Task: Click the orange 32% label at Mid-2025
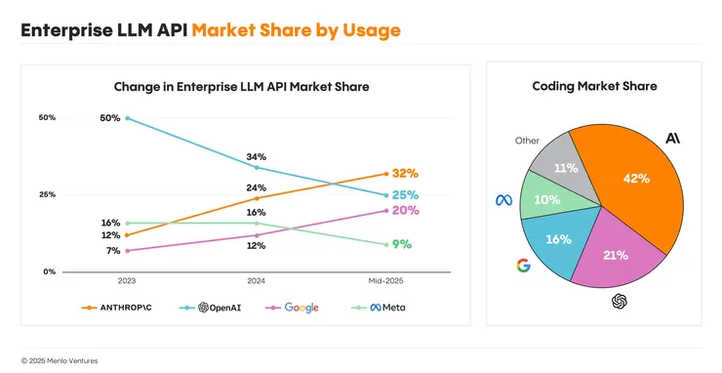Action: point(406,174)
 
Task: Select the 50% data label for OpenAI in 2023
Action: point(109,118)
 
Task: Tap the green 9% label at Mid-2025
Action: point(402,244)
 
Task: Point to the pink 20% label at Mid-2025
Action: point(406,210)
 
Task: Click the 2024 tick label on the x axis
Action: point(257,280)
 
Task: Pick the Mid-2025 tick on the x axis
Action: point(385,280)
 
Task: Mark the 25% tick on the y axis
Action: point(46,194)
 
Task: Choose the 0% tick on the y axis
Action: point(48,271)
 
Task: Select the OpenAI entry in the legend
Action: point(213,307)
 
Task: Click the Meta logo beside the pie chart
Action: point(503,200)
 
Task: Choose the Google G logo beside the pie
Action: point(523,265)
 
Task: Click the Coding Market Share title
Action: point(594,86)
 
